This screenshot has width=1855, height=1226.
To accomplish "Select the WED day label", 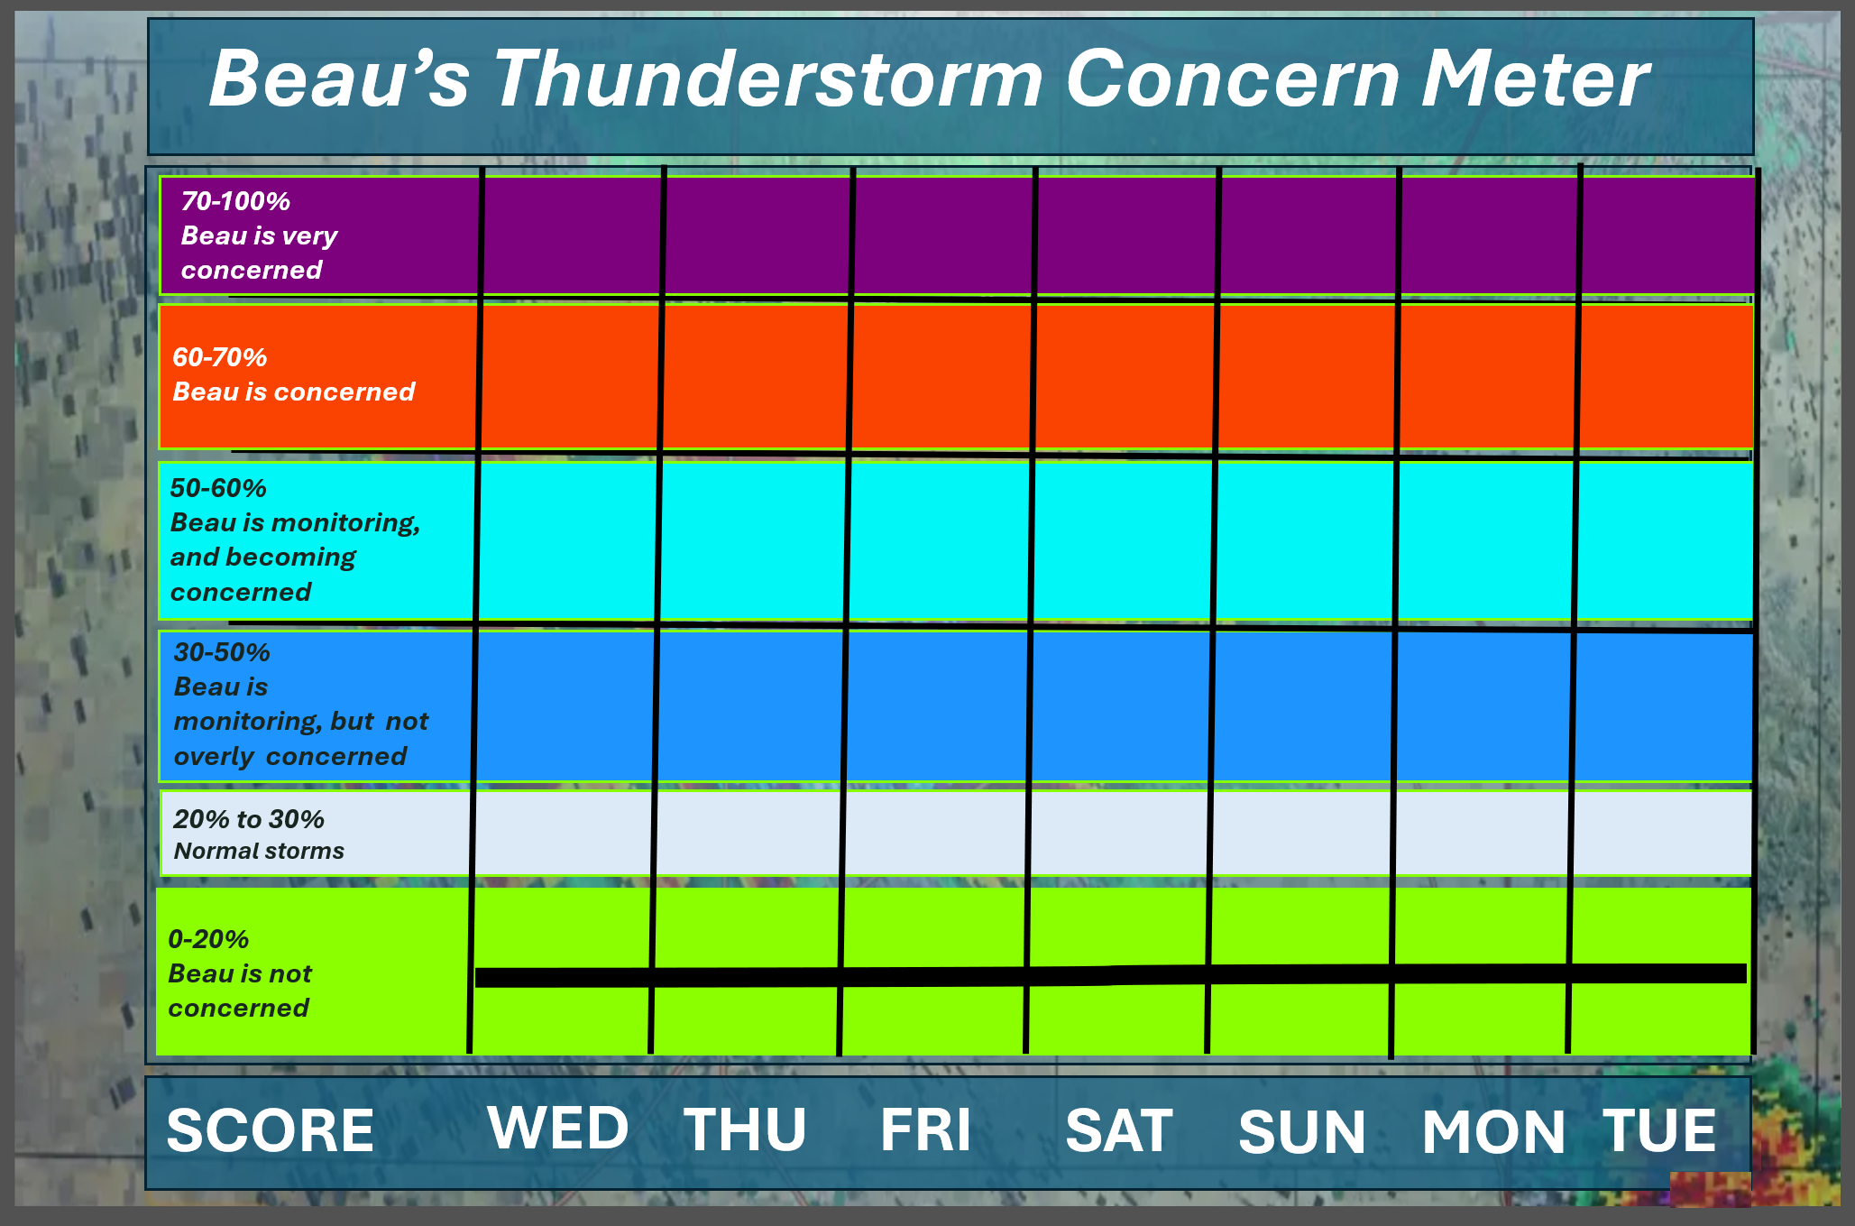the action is pyautogui.click(x=558, y=1128).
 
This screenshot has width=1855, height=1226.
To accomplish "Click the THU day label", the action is pyautogui.click(x=745, y=1129).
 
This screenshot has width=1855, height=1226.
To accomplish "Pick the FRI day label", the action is pyautogui.click(x=926, y=1129).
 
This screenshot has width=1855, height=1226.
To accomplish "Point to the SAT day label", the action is pyautogui.click(x=1119, y=1129).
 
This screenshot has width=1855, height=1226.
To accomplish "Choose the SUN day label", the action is pyautogui.click(x=1302, y=1131).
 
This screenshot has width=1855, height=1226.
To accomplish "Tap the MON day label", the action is pyautogui.click(x=1493, y=1131).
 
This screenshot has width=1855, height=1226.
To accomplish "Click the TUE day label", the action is pyautogui.click(x=1659, y=1129).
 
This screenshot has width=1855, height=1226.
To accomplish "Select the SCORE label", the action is pyautogui.click(x=270, y=1130).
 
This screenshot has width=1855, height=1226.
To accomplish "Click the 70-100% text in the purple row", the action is pyautogui.click(x=235, y=200).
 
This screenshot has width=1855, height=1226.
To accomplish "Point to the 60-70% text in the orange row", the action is pyautogui.click(x=220, y=357).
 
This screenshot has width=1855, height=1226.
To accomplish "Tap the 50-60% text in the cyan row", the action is pyautogui.click(x=218, y=488).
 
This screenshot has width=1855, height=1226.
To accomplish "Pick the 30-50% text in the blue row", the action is pyautogui.click(x=222, y=652).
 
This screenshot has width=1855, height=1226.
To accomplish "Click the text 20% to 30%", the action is pyautogui.click(x=249, y=819).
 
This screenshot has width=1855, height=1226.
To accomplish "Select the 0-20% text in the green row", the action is pyautogui.click(x=208, y=939).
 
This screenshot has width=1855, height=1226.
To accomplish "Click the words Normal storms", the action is pyautogui.click(x=259, y=851).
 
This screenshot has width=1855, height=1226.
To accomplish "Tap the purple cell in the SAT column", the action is pyautogui.click(x=1126, y=235).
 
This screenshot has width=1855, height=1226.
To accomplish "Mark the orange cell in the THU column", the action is pyautogui.click(x=757, y=376).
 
